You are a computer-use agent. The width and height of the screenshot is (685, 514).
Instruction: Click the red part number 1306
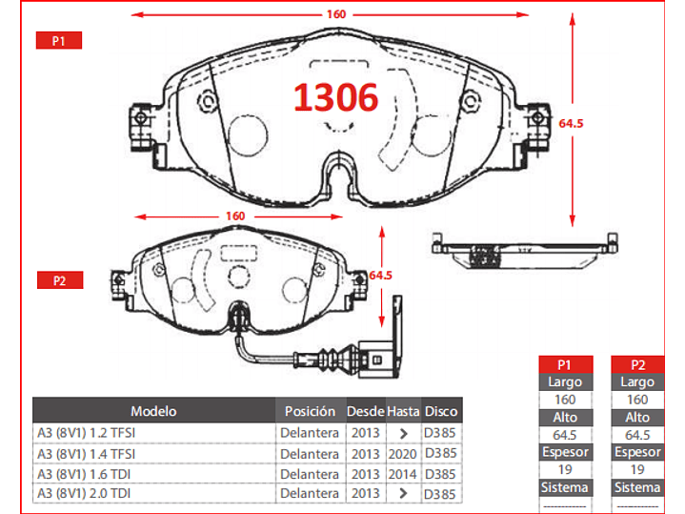click(335, 97)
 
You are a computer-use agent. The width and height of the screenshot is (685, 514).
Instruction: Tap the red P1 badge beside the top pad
click(58, 40)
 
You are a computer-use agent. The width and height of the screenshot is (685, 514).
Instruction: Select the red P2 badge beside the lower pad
click(60, 280)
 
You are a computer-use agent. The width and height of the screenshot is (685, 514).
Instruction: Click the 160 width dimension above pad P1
click(336, 14)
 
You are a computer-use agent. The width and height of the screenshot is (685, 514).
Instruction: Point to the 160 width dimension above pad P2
click(235, 216)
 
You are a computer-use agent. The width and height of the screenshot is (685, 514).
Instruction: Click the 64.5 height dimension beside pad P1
click(571, 123)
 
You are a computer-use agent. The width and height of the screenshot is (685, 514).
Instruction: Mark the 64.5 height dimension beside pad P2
click(380, 276)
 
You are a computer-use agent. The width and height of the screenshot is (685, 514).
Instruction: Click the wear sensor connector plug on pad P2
click(378, 360)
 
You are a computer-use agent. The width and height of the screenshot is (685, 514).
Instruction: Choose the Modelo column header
click(153, 411)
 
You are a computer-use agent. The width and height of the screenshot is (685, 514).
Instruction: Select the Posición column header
click(311, 411)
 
